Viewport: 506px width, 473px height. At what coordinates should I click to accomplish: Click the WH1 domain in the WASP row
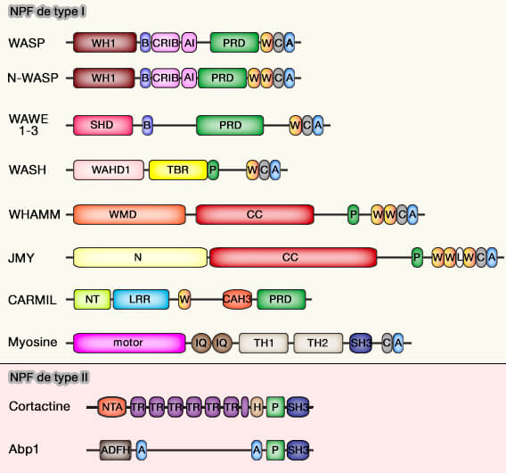(103, 42)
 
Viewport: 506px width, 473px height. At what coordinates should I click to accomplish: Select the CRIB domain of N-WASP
(165, 78)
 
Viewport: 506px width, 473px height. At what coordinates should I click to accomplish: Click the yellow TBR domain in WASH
(177, 169)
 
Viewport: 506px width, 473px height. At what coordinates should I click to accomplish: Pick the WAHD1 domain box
(109, 169)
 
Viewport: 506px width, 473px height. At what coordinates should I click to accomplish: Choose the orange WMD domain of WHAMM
(128, 214)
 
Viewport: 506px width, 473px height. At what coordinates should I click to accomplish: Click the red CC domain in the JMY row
(290, 257)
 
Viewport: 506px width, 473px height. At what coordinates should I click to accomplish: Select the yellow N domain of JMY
(138, 257)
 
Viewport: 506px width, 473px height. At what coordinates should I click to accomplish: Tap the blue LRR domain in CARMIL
(139, 300)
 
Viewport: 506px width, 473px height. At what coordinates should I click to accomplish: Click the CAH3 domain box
(238, 300)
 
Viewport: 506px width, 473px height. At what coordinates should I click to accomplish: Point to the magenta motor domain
(128, 342)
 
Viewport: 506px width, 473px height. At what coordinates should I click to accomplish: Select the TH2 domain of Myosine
(318, 342)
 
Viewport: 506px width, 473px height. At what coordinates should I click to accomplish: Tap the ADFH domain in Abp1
(115, 449)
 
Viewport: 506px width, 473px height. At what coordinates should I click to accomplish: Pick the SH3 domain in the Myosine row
(361, 342)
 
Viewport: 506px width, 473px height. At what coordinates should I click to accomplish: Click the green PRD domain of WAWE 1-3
(230, 125)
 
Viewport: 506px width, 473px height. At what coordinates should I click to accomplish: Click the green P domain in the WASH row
(213, 169)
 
